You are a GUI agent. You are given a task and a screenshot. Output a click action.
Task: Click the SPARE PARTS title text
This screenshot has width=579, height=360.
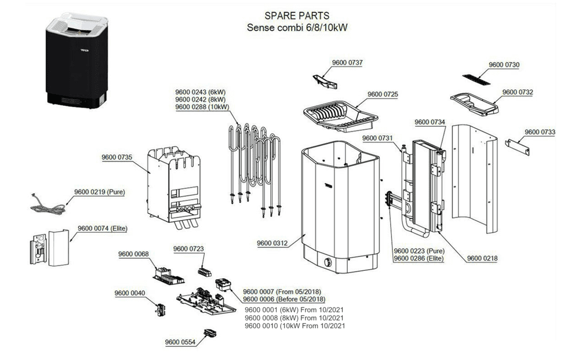(x=297, y=16)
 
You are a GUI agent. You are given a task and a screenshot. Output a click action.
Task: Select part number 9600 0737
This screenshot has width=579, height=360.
(x=347, y=62)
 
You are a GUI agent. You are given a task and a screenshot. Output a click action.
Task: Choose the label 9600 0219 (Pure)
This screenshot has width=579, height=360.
(x=100, y=192)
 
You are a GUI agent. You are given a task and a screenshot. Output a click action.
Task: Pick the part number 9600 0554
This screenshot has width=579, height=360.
(x=180, y=342)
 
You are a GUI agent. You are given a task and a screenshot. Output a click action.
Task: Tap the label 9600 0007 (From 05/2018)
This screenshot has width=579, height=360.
(x=282, y=291)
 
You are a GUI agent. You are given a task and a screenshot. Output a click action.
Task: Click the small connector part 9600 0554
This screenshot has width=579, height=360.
(x=209, y=332)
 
